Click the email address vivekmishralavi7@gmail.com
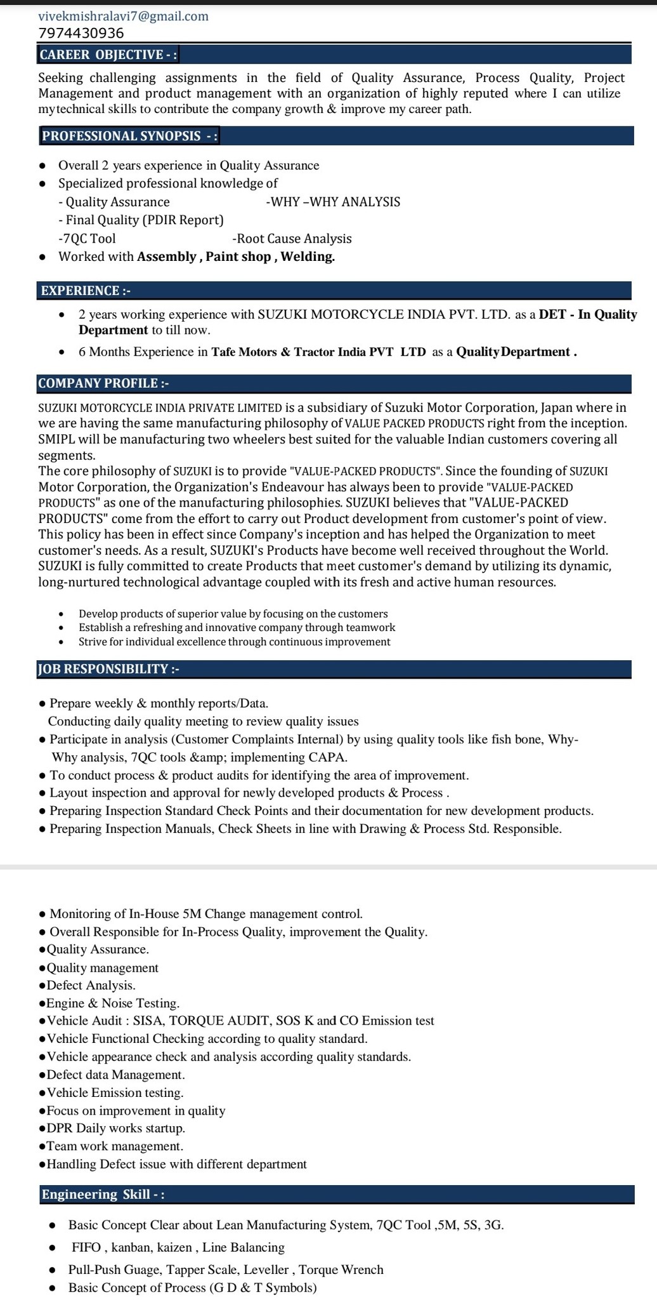point(123,17)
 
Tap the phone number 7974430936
point(81,33)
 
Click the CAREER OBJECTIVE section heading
point(108,55)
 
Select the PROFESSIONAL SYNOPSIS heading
point(130,136)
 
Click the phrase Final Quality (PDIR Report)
point(141,220)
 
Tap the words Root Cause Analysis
point(292,239)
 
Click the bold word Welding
point(308,256)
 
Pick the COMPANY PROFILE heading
point(103,383)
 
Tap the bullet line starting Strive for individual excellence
point(234,642)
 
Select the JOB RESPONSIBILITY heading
point(108,669)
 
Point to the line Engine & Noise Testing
point(112,1003)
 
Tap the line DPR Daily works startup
point(115,1128)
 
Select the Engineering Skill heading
point(103,1194)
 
